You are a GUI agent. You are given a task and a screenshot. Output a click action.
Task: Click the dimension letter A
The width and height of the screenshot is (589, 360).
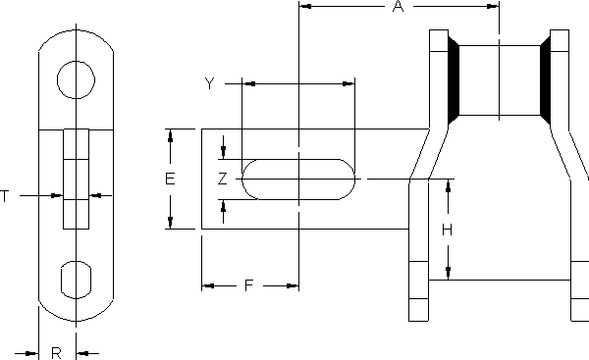(x=398, y=7)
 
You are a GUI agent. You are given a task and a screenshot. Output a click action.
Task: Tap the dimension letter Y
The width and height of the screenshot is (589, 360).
(x=210, y=83)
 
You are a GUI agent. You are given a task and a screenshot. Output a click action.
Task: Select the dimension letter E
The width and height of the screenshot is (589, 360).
(x=170, y=179)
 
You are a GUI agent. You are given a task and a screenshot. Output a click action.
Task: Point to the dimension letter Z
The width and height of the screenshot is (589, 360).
(x=223, y=179)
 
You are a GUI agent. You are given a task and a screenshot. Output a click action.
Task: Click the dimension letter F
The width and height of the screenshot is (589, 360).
(x=249, y=285)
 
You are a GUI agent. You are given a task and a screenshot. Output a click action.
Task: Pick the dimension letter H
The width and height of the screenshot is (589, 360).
(x=447, y=230)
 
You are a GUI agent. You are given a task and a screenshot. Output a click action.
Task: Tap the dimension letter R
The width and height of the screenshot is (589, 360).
(x=56, y=353)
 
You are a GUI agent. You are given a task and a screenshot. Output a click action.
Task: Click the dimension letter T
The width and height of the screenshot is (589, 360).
(x=5, y=196)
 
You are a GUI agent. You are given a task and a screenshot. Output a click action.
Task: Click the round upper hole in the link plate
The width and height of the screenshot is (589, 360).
(x=76, y=80)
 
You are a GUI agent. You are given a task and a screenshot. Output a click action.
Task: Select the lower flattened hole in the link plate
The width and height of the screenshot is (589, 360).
(x=76, y=280)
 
